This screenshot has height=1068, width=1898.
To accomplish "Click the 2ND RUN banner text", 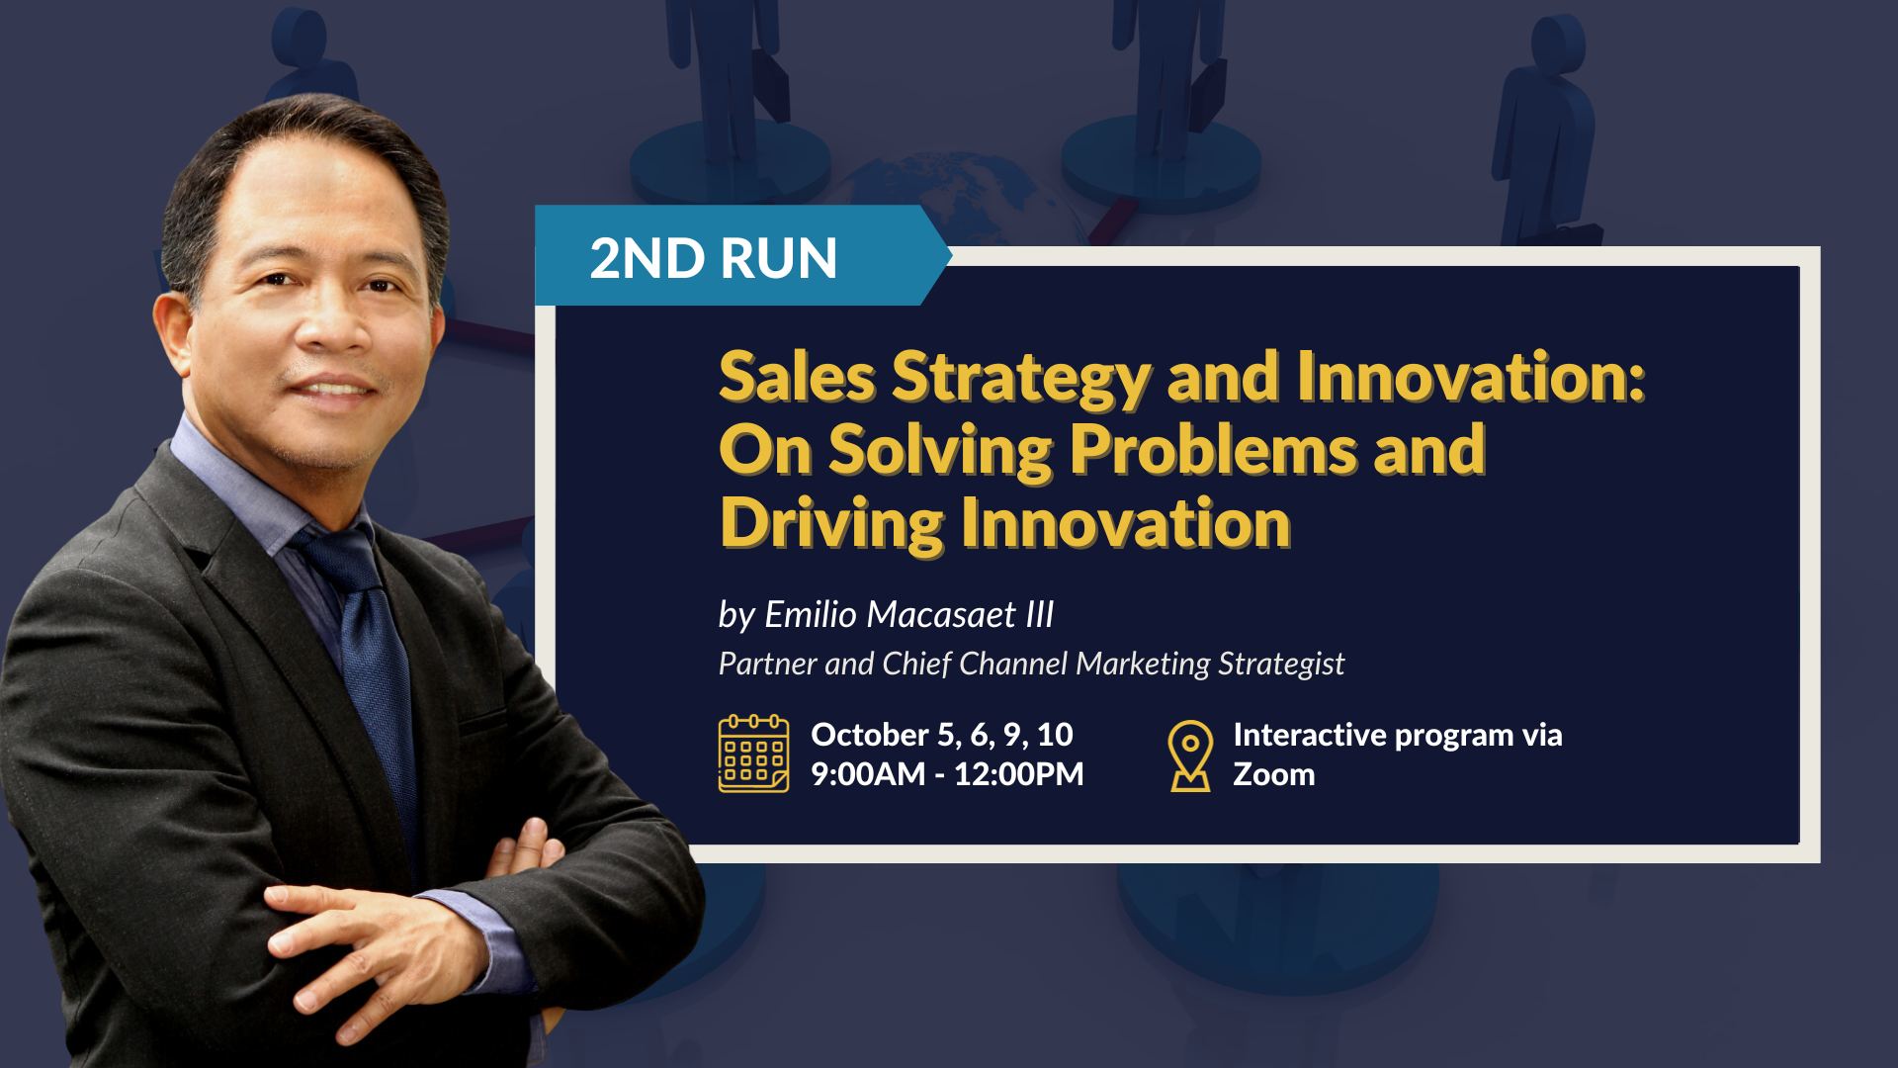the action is click(713, 258).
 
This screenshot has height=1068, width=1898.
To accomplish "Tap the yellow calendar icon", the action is click(753, 754).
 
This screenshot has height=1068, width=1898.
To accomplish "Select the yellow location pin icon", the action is click(1190, 756).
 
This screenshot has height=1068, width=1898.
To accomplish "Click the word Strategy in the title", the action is click(1021, 379).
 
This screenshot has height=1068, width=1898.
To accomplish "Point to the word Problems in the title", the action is click(1213, 450).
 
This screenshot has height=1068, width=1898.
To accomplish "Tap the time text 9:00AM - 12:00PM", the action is click(947, 773).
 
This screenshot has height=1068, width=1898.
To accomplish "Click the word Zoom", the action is click(1273, 774).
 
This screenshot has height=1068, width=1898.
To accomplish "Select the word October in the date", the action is click(869, 735).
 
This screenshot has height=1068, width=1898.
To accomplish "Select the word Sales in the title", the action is click(797, 377).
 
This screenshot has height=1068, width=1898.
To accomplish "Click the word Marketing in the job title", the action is click(1142, 665).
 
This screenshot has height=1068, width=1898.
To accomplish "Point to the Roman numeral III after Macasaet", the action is click(1039, 614).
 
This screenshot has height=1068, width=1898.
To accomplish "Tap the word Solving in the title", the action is click(940, 452).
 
